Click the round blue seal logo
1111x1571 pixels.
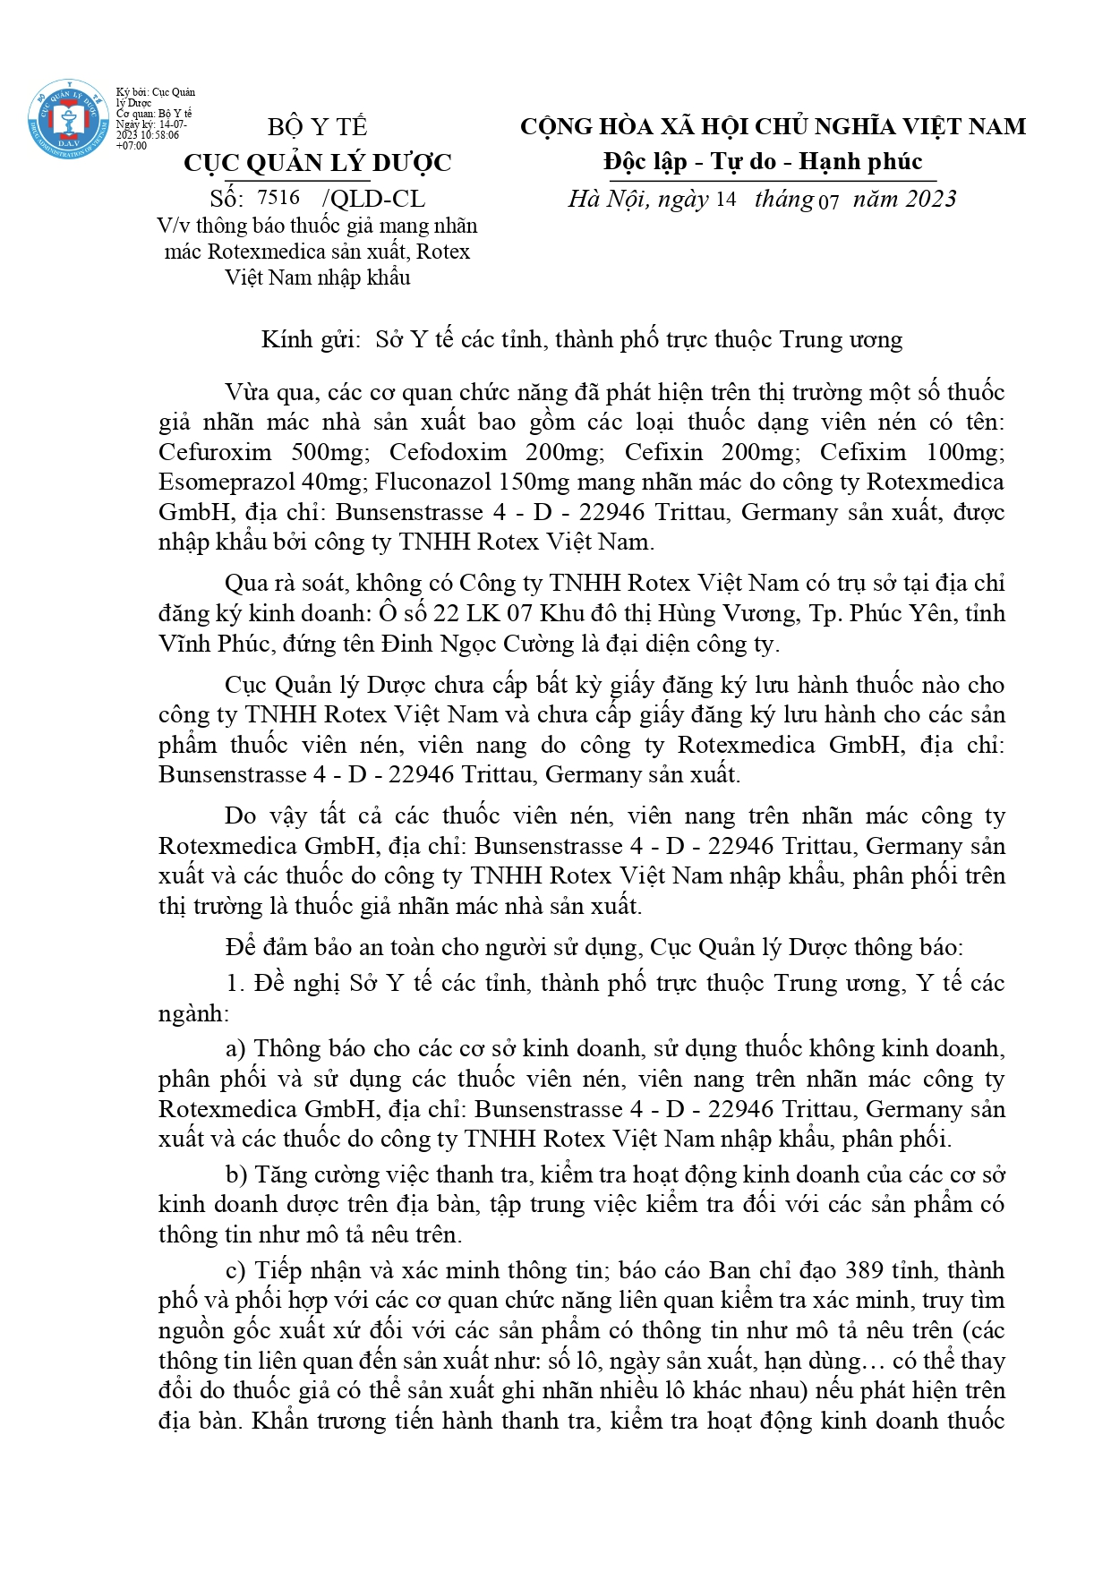[x=68, y=120]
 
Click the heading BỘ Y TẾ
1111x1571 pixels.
[x=318, y=127]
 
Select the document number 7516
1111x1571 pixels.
[x=278, y=198]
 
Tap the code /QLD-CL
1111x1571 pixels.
[x=373, y=199]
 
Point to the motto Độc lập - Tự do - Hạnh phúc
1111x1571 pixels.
[x=763, y=162]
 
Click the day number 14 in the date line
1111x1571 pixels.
[x=725, y=200]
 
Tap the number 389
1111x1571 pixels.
[x=864, y=1271]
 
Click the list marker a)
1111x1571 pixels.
[x=235, y=1049]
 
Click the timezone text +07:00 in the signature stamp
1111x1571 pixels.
[x=132, y=146]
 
